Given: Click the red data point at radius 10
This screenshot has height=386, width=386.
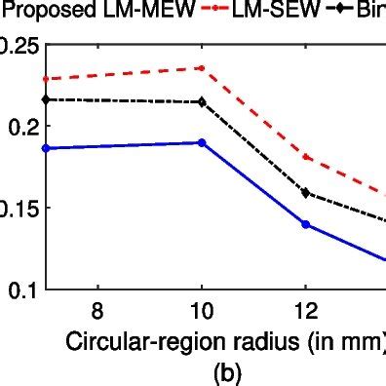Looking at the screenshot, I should pyautogui.click(x=201, y=68).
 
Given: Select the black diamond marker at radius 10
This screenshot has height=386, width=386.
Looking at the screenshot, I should pyautogui.click(x=201, y=101).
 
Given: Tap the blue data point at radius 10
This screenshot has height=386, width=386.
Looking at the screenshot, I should pyautogui.click(x=201, y=142).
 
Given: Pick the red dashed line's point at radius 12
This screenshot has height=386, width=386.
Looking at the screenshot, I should pyautogui.click(x=306, y=157).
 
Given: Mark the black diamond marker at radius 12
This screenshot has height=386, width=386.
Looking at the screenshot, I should pyautogui.click(x=306, y=193).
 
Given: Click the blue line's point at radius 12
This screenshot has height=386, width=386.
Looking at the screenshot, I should pyautogui.click(x=306, y=224).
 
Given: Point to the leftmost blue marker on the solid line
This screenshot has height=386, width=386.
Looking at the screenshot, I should pyautogui.click(x=45, y=148).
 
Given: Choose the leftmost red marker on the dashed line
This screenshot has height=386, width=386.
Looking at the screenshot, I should pyautogui.click(x=45, y=79).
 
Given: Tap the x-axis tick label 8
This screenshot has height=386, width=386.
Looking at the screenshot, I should pyautogui.click(x=96, y=312).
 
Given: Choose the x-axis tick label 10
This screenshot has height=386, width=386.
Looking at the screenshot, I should pyautogui.click(x=201, y=312).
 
